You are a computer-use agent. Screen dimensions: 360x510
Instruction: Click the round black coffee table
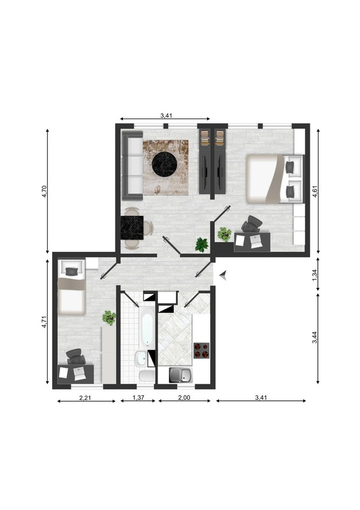pos(164,165)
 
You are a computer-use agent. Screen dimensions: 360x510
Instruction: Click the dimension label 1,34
pos(315,274)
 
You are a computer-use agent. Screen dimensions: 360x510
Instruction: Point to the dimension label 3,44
pos(315,337)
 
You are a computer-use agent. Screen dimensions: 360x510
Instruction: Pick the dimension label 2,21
pos(85,397)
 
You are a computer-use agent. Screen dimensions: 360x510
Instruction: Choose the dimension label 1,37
pos(138,397)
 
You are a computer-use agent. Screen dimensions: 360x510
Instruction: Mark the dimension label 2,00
pos(184,397)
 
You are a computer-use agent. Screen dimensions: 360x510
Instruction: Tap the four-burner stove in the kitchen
pos(201,351)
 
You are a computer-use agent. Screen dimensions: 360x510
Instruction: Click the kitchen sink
pos(181,375)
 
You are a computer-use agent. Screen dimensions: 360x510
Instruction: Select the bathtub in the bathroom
pos(147,328)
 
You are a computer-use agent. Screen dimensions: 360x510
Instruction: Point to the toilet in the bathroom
pos(147,375)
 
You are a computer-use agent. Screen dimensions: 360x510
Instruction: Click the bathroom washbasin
pos(141,359)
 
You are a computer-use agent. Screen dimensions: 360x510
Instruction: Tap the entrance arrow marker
pos(223,275)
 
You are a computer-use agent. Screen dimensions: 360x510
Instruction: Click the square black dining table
pos(132,228)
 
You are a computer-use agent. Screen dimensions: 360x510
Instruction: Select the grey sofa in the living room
pos(132,165)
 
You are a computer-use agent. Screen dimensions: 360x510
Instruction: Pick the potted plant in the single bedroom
pos(109,317)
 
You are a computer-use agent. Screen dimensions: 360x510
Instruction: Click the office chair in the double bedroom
pos(252,224)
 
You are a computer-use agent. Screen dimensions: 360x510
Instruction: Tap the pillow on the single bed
pos(71,272)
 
